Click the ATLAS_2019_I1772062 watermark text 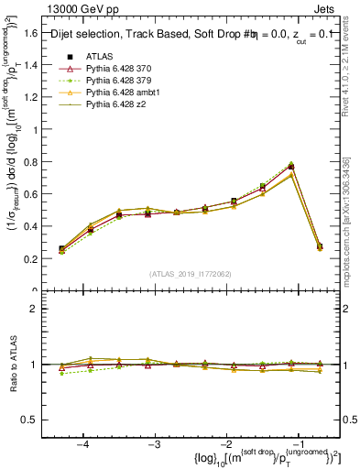coord(191,274)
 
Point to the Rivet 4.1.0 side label coord(351,73)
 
